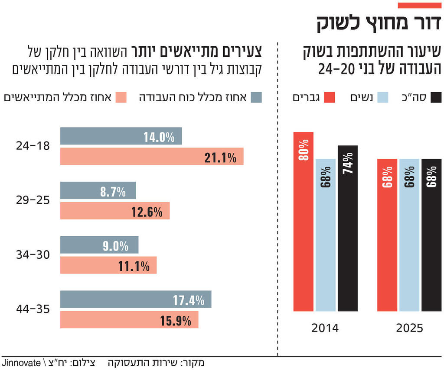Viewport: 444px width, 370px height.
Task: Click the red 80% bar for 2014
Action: tap(303, 222)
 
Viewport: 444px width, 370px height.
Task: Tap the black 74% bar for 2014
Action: tap(348, 228)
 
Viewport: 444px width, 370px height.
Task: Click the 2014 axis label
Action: tap(325, 328)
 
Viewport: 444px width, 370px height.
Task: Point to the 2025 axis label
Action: tap(409, 328)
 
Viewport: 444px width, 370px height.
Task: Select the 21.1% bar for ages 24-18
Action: tap(152, 157)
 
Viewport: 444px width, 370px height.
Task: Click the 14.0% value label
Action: tap(159, 138)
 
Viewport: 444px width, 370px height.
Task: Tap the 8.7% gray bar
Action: tap(98, 190)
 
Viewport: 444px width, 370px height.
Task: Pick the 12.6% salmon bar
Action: tap(115, 211)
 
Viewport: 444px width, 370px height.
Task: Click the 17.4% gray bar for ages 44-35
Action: tap(136, 299)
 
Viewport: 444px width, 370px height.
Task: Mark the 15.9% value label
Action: tap(176, 321)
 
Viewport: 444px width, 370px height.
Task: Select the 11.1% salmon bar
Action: tap(108, 265)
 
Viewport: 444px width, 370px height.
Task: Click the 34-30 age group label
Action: tap(33, 255)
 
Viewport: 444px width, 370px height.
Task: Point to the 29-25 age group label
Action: tap(33, 200)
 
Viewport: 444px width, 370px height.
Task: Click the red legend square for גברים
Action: tap(330, 97)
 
